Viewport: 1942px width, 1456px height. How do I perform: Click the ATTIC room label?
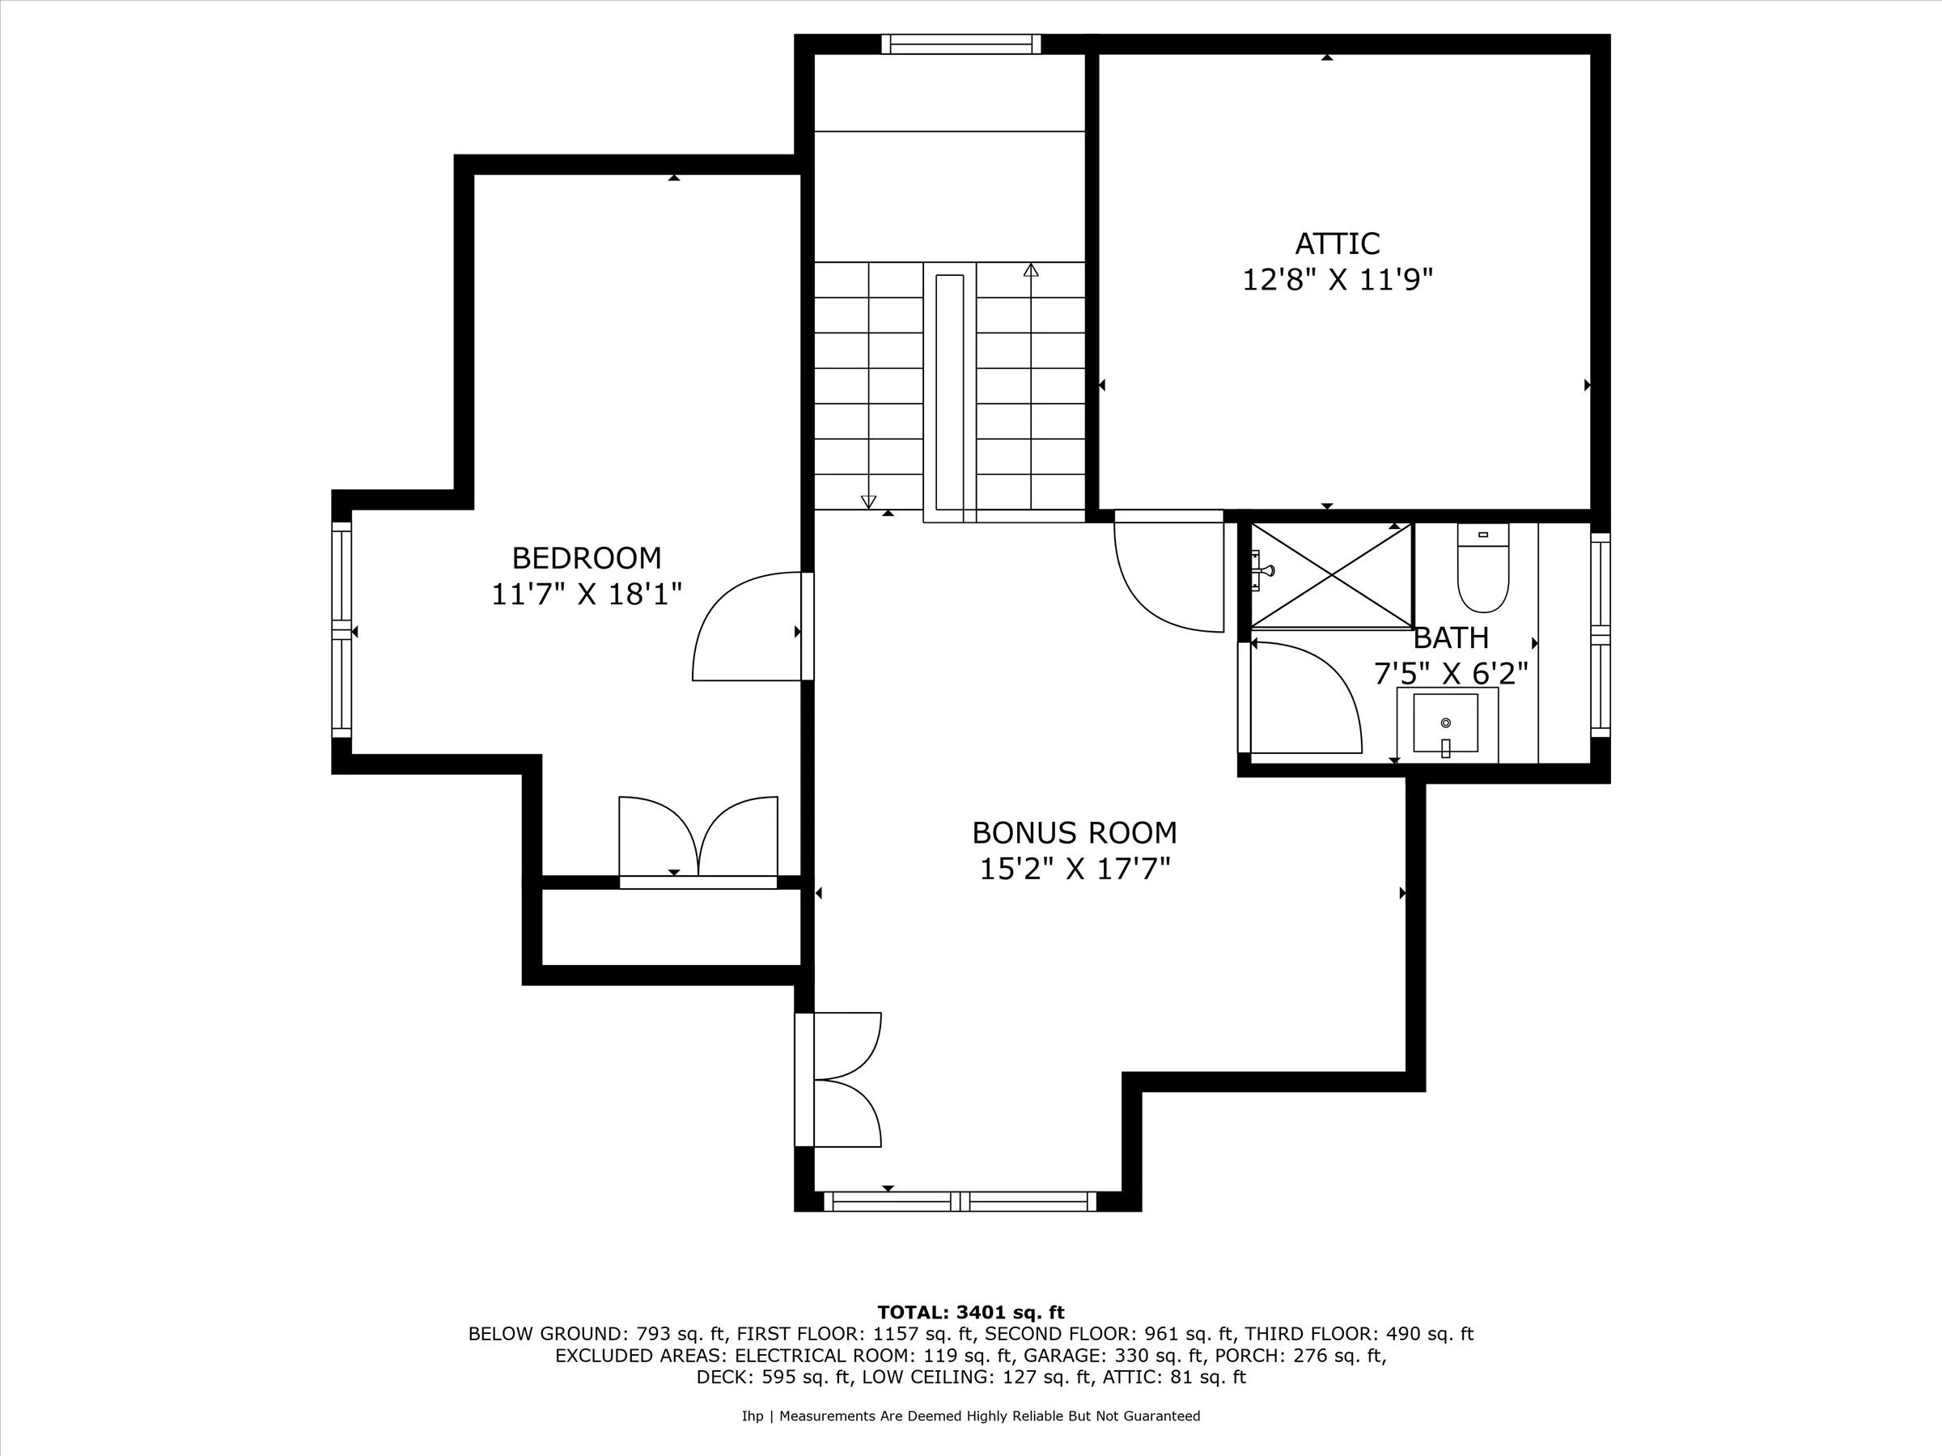1337,243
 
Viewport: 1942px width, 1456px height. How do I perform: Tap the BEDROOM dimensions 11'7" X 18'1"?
587,595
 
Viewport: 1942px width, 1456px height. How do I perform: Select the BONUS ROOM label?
1074,832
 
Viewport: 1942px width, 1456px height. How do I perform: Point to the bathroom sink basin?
1445,723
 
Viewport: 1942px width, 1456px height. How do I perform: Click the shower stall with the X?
1331,576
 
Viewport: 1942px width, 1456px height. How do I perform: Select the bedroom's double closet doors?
698,838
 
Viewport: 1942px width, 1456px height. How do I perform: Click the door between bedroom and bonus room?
746,627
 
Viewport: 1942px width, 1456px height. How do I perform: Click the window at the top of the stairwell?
960,44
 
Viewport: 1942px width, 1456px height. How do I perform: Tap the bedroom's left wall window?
341,630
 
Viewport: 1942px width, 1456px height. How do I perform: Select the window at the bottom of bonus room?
960,1201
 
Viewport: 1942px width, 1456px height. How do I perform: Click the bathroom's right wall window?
1601,633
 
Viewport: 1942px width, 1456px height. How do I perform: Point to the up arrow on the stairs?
1031,270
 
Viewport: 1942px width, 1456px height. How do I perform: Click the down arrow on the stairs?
868,502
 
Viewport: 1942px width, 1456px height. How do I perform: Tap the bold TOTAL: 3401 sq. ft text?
970,1312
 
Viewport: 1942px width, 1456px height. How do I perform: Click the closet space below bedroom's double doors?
672,927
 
